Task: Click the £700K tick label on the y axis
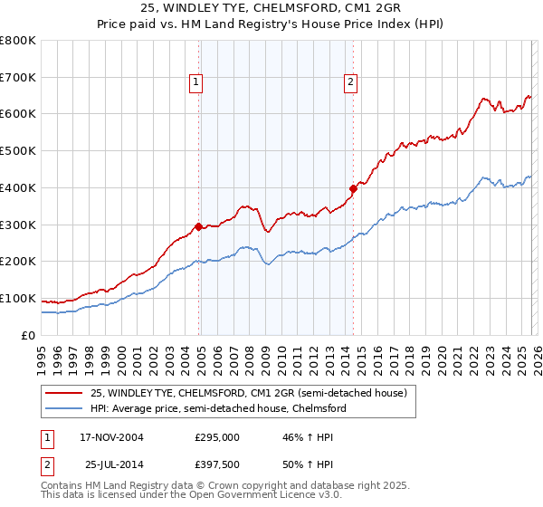click(x=18, y=77)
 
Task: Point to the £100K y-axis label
click(x=18, y=298)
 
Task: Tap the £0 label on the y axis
click(x=28, y=335)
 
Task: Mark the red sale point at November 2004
click(x=198, y=226)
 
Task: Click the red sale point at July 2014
click(x=353, y=188)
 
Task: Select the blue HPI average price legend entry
click(x=218, y=408)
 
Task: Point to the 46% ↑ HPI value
click(x=303, y=437)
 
